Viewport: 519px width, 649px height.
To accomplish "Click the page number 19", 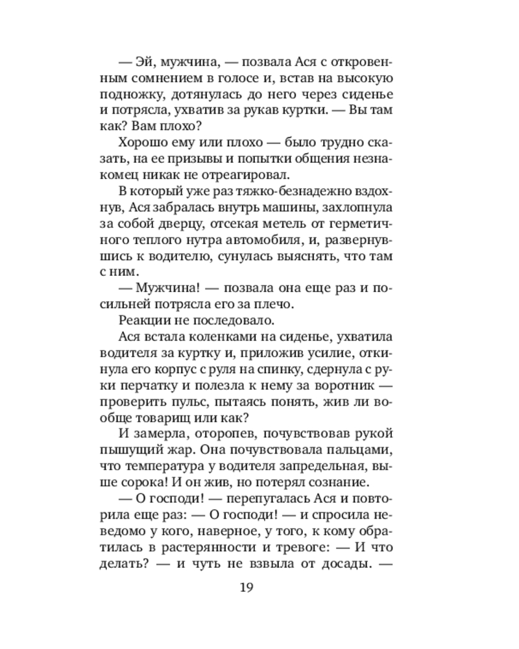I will point(246,589).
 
